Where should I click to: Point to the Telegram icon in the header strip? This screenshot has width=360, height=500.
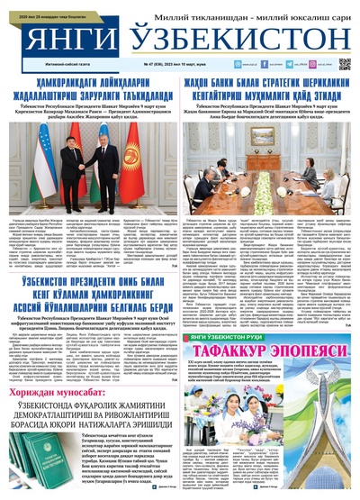tap(316, 65)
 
